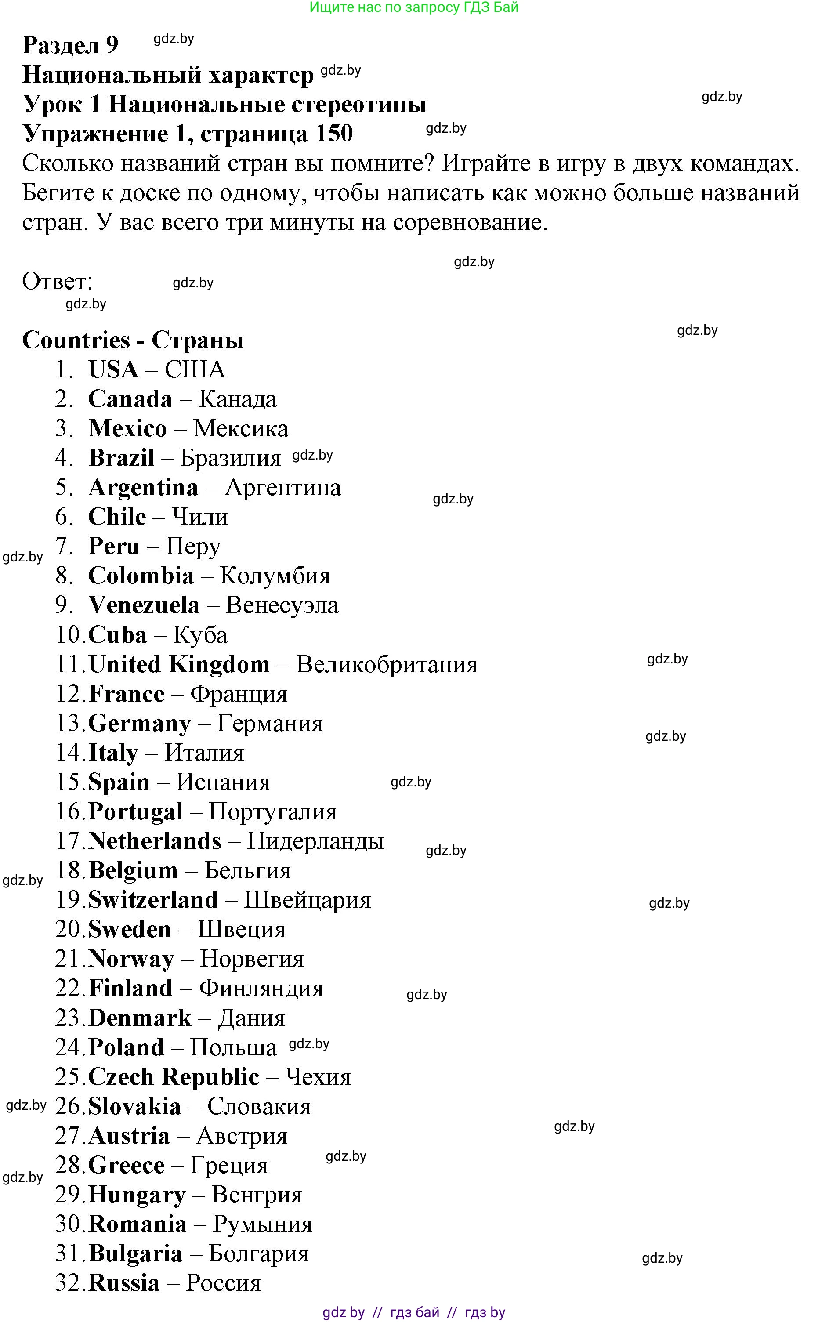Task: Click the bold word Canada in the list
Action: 130,399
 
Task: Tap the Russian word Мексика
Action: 241,429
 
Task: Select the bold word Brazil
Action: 121,458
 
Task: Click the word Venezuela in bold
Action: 144,605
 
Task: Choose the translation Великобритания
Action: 387,665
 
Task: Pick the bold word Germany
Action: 139,724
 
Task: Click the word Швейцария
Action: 307,900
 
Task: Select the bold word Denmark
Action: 139,1018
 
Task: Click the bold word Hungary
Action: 137,1195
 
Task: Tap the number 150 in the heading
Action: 333,134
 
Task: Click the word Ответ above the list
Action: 57,282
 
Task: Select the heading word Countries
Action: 76,340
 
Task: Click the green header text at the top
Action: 414,7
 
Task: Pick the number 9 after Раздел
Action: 112,45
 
